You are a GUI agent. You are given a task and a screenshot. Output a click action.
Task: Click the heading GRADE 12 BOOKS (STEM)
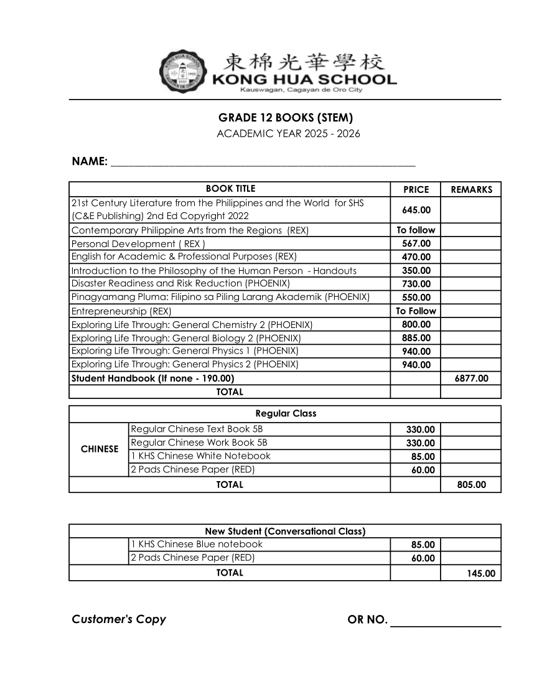point(286,118)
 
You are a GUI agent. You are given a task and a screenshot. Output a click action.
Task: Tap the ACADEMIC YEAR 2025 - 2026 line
point(288,134)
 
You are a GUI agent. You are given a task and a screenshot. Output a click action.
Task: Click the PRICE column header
point(416,190)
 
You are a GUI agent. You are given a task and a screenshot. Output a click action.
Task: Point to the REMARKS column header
point(471,190)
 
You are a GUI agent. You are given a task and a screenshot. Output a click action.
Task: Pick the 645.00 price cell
point(416,210)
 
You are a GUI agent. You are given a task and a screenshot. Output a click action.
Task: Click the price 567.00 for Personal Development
point(416,243)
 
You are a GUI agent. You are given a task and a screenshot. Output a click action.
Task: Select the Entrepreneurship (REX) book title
point(121,311)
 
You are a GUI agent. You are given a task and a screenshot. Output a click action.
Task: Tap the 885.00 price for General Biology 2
point(416,338)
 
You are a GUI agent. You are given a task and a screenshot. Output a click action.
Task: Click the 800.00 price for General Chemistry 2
point(416,324)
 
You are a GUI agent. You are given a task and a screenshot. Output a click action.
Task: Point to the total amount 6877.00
point(471,378)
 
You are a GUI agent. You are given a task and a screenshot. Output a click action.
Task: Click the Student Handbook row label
point(153,378)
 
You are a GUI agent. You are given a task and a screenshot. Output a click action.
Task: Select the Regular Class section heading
point(286,413)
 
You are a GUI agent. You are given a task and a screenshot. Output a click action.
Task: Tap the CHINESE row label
point(100,449)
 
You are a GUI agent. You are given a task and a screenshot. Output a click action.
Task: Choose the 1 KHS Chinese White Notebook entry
point(201,456)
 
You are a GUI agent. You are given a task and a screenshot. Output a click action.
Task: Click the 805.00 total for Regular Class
point(471,485)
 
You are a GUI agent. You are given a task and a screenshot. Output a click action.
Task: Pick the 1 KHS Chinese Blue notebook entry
point(197,545)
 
